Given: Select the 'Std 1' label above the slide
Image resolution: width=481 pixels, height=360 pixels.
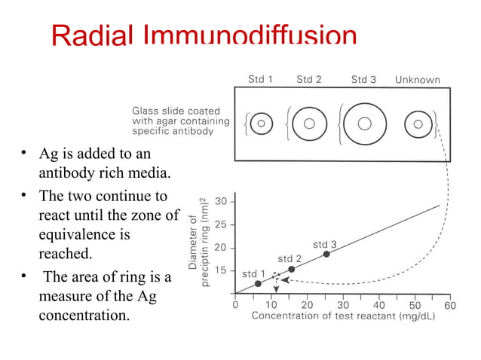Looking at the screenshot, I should pos(262,79).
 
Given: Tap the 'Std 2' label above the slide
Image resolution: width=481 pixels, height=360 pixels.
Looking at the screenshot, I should pos(309,79).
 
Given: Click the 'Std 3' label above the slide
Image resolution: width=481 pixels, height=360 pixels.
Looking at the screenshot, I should pos(363,79).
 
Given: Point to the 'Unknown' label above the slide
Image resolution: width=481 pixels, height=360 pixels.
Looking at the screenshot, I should pos(418,79).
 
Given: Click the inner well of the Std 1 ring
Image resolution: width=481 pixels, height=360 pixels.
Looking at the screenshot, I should pos(261,123).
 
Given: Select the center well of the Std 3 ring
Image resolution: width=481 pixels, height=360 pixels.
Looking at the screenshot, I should pos(364,123).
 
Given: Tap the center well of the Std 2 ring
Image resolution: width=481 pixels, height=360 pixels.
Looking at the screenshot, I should pos(308,123).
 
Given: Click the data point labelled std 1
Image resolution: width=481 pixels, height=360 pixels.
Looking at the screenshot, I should pos(258,283).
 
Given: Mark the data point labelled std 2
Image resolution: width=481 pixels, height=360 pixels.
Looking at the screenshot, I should pos(292,269).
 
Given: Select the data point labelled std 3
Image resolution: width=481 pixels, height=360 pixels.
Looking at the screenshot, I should pos(326,254).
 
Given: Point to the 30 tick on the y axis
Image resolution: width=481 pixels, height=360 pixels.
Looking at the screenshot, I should pos(222,202).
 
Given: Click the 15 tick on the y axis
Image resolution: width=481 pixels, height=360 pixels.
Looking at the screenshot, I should pos(222,270).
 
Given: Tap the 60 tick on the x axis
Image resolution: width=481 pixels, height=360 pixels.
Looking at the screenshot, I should pos(450,305).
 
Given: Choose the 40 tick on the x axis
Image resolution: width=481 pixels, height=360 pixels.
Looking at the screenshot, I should pos(378,305).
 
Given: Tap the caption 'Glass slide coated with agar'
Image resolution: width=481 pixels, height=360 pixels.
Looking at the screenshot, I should pos(173,121).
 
